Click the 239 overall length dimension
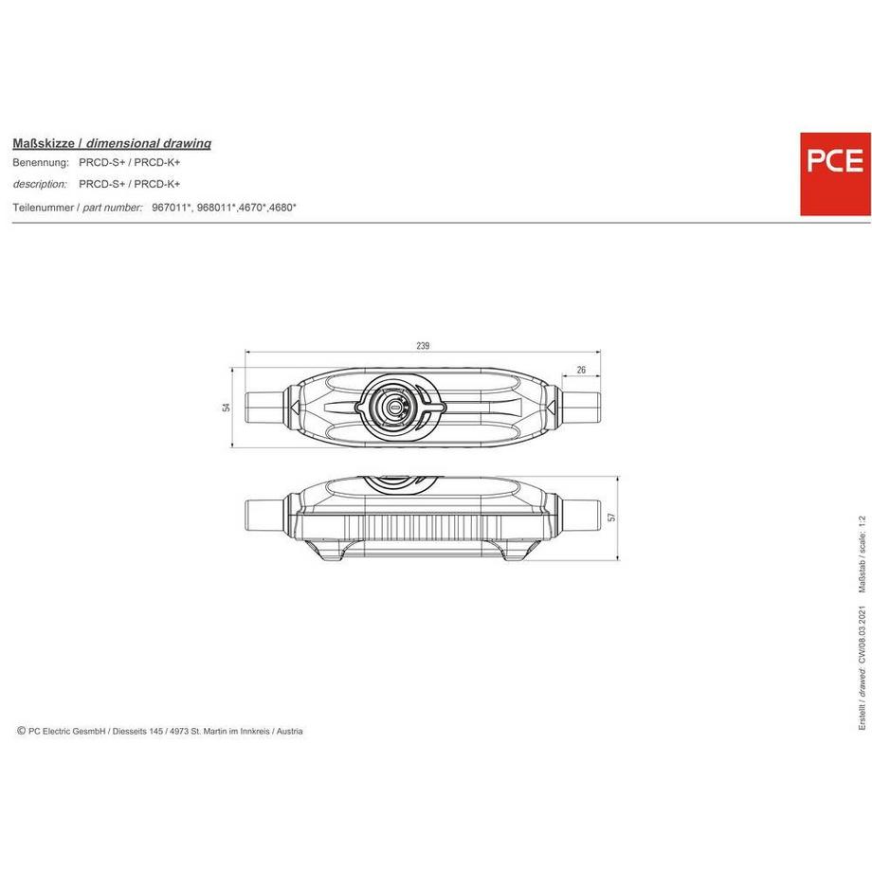pyautogui.click(x=423, y=345)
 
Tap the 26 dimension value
pyautogui.click(x=581, y=369)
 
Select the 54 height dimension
pyautogui.click(x=226, y=407)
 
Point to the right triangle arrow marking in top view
pyautogui.click(x=549, y=407)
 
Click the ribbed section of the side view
pyautogui.click(x=422, y=526)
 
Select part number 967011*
pyautogui.click(x=172, y=206)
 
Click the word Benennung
pyautogui.click(x=40, y=163)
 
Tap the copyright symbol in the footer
pyautogui.click(x=21, y=731)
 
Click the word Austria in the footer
pyautogui.click(x=289, y=731)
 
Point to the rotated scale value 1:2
pyautogui.click(x=862, y=522)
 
